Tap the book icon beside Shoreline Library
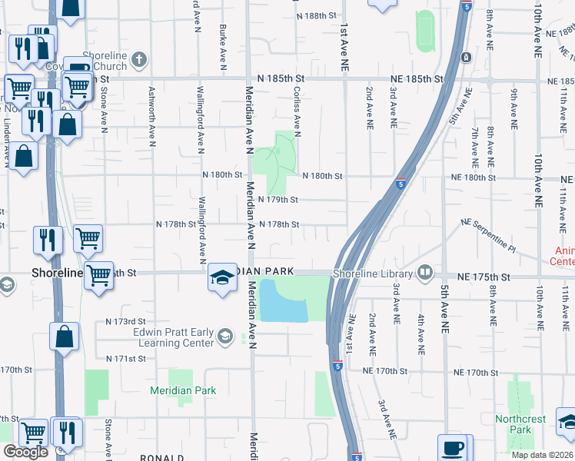tap(424, 273)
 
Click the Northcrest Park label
tap(520, 424)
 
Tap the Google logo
tap(25, 452)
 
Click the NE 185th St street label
tap(416, 79)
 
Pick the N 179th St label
tap(278, 200)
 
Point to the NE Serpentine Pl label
tap(489, 233)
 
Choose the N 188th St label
tap(319, 15)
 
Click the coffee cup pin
tap(453, 447)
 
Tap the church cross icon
tap(139, 58)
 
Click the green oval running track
tap(425, 32)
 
